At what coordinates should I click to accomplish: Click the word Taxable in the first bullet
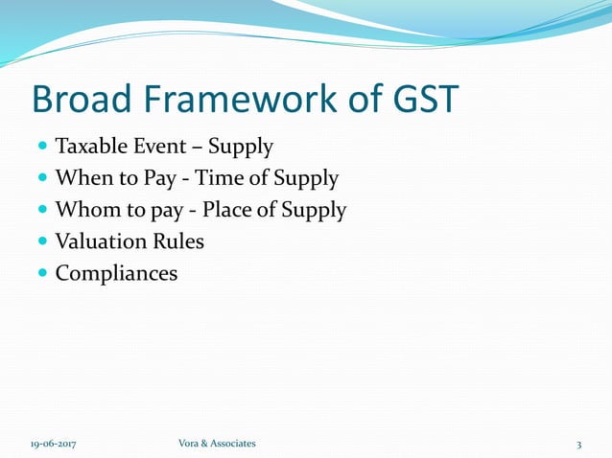(x=89, y=148)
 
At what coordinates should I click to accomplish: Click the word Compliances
(x=116, y=273)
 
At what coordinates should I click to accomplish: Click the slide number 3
(x=578, y=444)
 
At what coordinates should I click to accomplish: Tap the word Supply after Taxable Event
(x=241, y=149)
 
